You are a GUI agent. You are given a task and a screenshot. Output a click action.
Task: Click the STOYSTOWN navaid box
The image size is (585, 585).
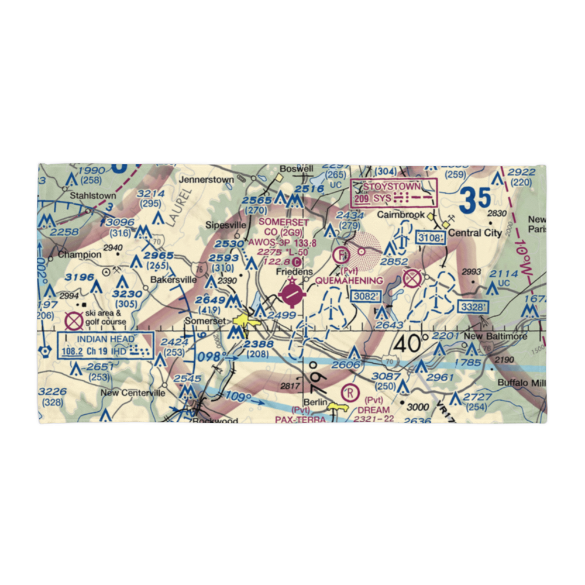394,193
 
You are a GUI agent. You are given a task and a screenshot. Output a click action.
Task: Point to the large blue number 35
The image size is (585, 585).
474,201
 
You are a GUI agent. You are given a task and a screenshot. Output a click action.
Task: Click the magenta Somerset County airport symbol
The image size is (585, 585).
291,294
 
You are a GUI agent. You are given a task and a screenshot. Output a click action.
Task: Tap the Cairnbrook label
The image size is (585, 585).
401,215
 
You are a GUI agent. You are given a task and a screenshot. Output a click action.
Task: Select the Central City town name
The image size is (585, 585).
477,233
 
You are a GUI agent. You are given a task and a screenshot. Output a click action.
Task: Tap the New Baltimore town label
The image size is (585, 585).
495,336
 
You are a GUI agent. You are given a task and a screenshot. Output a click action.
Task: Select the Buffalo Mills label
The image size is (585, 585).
522,383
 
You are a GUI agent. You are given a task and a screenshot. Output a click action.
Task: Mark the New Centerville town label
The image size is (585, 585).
133,393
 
